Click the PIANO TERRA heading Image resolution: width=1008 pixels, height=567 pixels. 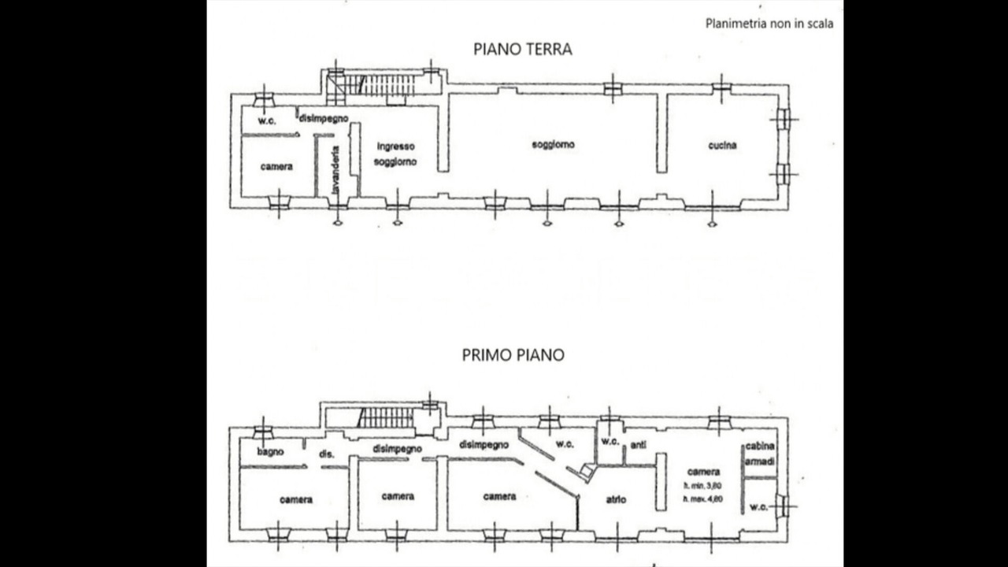(x=522, y=49)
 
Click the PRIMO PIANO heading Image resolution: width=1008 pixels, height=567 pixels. (x=513, y=355)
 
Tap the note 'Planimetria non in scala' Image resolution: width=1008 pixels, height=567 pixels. (x=769, y=24)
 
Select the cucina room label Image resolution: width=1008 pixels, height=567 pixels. (x=722, y=145)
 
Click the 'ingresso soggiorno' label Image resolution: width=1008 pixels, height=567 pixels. (x=395, y=154)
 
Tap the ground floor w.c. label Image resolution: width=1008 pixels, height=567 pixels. (x=265, y=120)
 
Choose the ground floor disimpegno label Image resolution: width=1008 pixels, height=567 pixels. (x=323, y=117)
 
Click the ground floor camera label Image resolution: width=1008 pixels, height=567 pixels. (x=276, y=167)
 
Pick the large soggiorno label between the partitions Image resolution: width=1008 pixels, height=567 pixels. (x=553, y=145)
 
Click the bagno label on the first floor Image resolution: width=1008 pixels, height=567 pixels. (x=270, y=452)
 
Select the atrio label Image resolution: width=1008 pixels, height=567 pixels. (x=616, y=499)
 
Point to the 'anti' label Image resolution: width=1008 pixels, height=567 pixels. (x=638, y=445)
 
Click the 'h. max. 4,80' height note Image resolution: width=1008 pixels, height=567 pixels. (x=702, y=499)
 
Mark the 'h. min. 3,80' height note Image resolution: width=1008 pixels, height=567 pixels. (x=702, y=486)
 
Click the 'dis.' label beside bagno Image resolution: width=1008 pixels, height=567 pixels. (x=326, y=454)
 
